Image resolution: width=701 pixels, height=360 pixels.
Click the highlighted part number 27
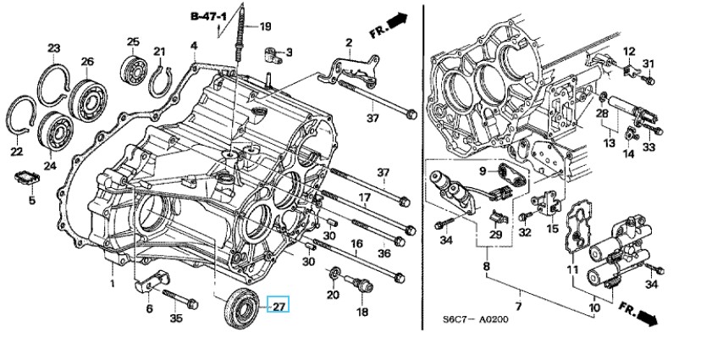(x=279, y=305)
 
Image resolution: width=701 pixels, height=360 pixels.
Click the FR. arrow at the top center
(x=391, y=22)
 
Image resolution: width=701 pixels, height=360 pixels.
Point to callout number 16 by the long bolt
(x=356, y=245)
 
